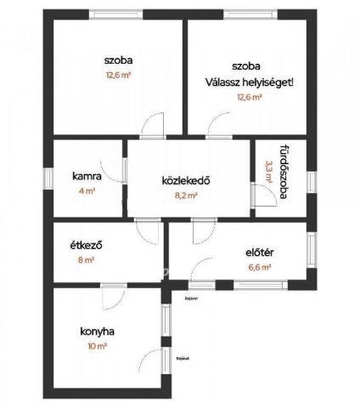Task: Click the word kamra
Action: point(87,177)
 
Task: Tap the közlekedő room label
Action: point(185,180)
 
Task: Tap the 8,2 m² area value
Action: point(185,195)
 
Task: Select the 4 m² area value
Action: point(87,191)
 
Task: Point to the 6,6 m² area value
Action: point(259,267)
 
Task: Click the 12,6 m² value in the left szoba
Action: point(119,75)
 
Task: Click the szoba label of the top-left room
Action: point(118,59)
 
